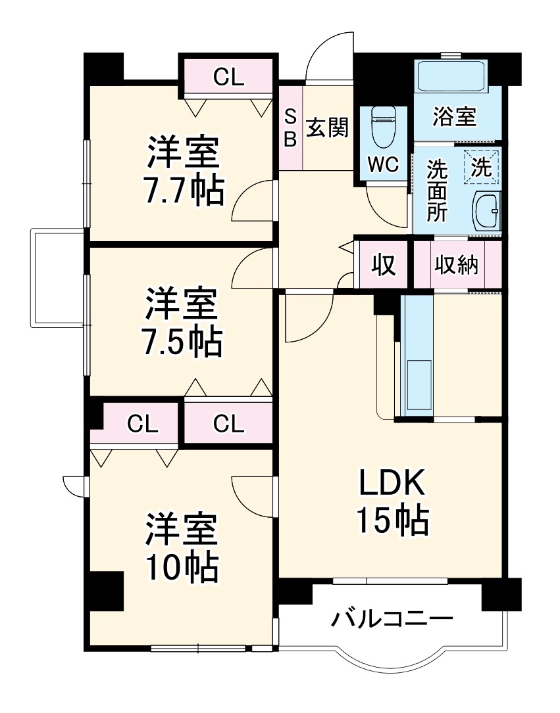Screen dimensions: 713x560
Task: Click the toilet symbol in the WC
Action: point(383,128)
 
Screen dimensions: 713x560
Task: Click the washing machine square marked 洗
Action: point(482,167)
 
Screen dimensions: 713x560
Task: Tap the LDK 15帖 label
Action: point(392,501)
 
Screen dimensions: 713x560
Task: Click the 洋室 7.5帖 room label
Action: point(183,321)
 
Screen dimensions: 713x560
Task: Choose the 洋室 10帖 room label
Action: point(182,547)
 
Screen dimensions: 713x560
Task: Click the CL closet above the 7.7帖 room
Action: point(228,78)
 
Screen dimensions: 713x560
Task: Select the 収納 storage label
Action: point(457,265)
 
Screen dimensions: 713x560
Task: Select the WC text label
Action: point(383,165)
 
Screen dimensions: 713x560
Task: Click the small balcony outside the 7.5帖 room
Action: point(58,277)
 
